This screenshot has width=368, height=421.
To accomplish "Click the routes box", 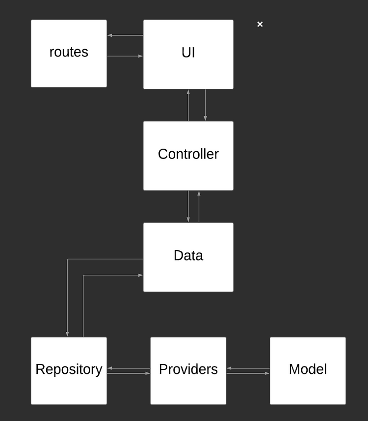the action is click(x=69, y=53).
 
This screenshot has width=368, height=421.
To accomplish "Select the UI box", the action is click(x=188, y=54).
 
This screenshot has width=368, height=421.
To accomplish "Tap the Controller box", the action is click(x=188, y=156).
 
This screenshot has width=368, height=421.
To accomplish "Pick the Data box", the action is click(x=188, y=257).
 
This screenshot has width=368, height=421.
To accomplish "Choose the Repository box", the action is click(x=69, y=370).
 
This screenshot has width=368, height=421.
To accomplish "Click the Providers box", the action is click(x=188, y=370).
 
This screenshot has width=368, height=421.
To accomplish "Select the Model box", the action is click(x=308, y=370).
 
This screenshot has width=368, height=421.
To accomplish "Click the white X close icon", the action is click(x=260, y=24).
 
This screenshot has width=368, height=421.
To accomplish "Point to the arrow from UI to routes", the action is click(x=125, y=35).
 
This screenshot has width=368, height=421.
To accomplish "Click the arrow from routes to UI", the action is click(x=125, y=56).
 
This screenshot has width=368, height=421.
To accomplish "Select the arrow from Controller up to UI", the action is click(x=188, y=105).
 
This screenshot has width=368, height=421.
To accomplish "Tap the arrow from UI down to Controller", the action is click(x=205, y=105).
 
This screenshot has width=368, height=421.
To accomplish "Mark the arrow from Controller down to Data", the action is click(x=188, y=207).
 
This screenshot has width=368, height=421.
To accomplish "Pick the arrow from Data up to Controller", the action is click(x=199, y=207).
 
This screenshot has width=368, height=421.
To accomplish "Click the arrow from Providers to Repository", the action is click(x=129, y=368).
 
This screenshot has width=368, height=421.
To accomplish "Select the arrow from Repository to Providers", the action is click(x=129, y=373).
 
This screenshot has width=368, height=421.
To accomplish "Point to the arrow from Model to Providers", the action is click(x=248, y=368).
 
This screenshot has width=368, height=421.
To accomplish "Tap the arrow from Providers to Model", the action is click(x=248, y=373).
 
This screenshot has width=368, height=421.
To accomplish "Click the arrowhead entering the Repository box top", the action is click(x=67, y=334).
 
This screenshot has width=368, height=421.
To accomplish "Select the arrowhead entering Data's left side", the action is click(x=140, y=275).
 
